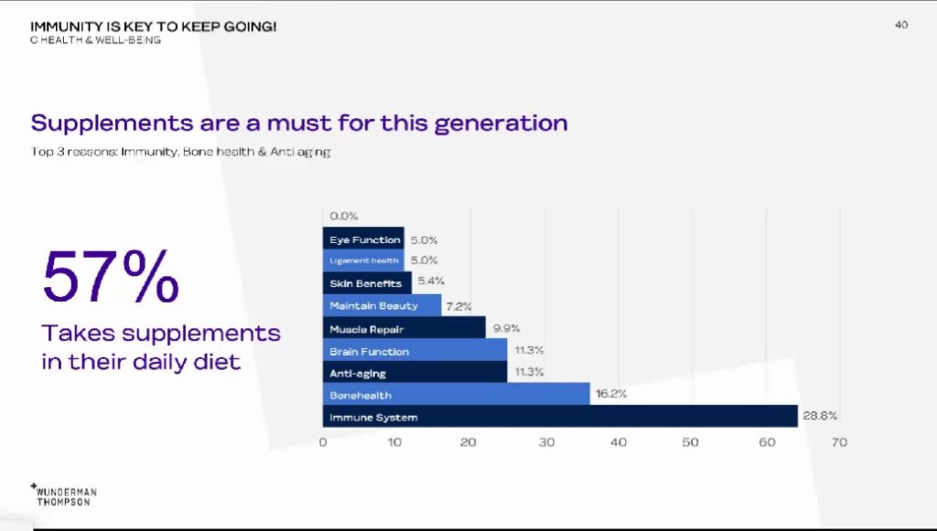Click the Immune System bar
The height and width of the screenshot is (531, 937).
560,417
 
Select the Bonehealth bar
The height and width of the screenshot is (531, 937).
456,395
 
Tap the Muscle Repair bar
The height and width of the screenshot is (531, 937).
404,328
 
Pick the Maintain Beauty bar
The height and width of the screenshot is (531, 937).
382,305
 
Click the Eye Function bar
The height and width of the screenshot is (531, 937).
363,239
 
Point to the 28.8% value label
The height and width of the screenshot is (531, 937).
820,416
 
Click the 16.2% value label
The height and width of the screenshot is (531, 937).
611,395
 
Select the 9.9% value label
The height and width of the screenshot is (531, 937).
505,328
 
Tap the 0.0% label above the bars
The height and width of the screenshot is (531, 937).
343,217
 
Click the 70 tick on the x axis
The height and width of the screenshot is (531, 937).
839,442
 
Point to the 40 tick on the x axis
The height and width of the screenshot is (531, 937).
618,442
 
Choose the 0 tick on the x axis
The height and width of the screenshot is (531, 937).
323,442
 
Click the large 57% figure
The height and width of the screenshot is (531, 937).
111,277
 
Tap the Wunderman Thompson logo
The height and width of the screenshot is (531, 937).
64,494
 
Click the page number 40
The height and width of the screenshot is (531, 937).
901,25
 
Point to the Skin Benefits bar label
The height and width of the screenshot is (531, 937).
365,283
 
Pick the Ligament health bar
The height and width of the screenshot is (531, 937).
363,261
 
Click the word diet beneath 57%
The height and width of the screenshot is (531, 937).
215,361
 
